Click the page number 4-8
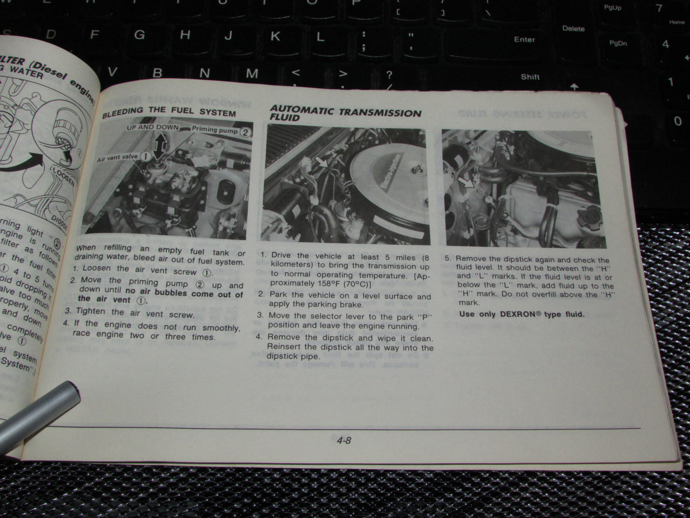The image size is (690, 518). coord(343,441)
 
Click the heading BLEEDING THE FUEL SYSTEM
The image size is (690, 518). coord(169,111)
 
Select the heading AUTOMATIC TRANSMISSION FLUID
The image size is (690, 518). coord(345,113)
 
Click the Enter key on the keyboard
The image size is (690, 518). coord(524,40)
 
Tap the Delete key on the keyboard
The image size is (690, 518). coord(573,29)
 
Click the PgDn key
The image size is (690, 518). coord(618,43)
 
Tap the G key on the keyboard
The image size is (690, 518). coord(139,34)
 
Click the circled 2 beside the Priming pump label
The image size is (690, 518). coord(245,132)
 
